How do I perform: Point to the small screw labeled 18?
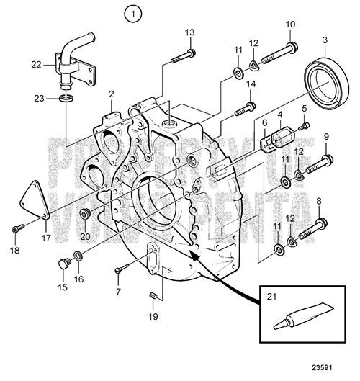coord(17,230)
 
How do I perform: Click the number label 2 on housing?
coord(112,94)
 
